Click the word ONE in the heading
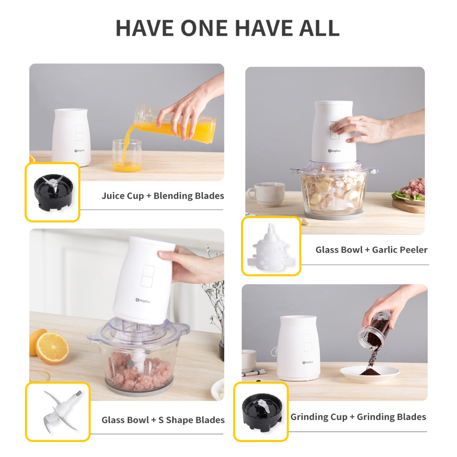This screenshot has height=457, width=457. pyautogui.click(x=204, y=28)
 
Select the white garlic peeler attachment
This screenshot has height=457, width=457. pyautogui.click(x=270, y=248)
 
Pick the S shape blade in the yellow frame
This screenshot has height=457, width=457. pyautogui.click(x=61, y=411)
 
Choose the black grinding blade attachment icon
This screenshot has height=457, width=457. pyautogui.click(x=262, y=412)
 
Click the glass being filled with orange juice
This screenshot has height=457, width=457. pyautogui.click(x=127, y=155)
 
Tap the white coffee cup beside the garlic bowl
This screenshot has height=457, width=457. pyautogui.click(x=266, y=195)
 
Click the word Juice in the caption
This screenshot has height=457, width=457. pyautogui.click(x=113, y=196)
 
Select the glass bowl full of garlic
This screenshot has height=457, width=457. pyautogui.click(x=334, y=189)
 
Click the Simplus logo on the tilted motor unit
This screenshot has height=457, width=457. pyautogui.click(x=143, y=300)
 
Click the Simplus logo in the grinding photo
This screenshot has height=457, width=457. pyautogui.click(x=308, y=362)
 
